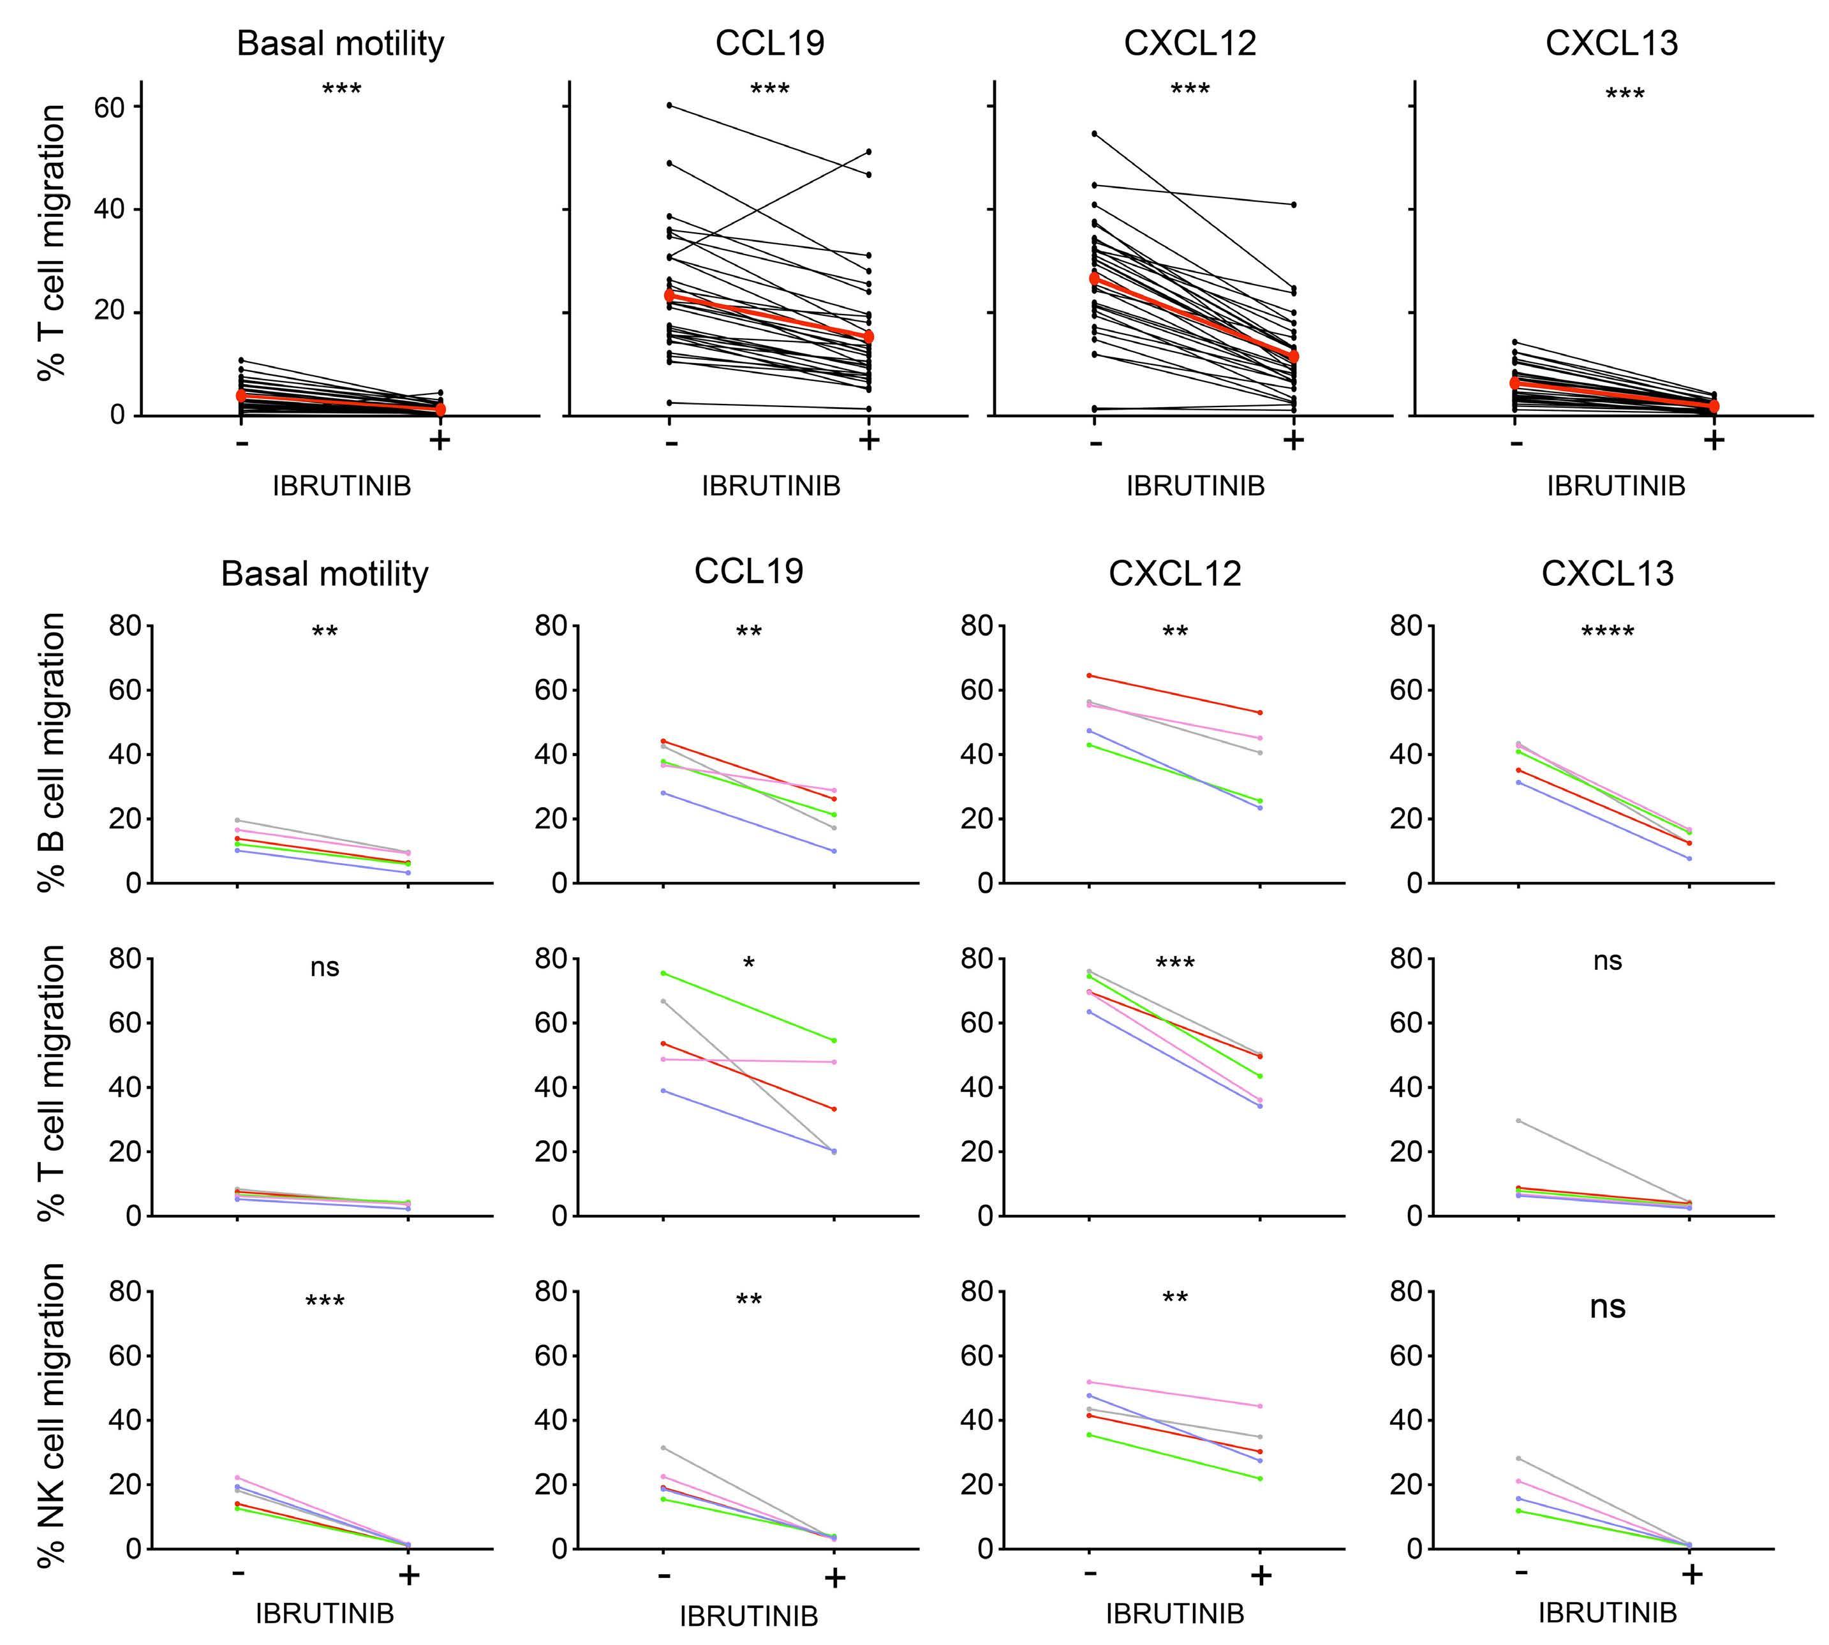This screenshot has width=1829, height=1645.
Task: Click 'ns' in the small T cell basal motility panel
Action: [325, 967]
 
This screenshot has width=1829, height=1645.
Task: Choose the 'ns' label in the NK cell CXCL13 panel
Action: [1607, 1307]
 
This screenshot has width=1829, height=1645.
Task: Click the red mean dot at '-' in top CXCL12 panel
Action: [1094, 278]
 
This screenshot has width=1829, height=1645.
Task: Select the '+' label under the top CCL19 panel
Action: [868, 441]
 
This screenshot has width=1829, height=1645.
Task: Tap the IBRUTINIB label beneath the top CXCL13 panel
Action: [1616, 486]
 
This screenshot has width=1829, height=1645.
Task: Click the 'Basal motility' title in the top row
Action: [341, 43]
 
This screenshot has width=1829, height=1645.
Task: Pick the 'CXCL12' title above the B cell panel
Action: [1174, 573]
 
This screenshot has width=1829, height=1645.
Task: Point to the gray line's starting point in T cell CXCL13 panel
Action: [1518, 1120]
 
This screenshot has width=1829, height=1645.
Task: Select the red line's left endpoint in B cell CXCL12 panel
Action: [1090, 675]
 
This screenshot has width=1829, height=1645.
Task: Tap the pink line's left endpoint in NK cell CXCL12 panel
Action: [1090, 1382]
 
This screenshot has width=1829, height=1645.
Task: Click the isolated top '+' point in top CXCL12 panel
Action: [1293, 204]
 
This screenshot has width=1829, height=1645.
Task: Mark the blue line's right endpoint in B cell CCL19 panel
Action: [833, 851]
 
